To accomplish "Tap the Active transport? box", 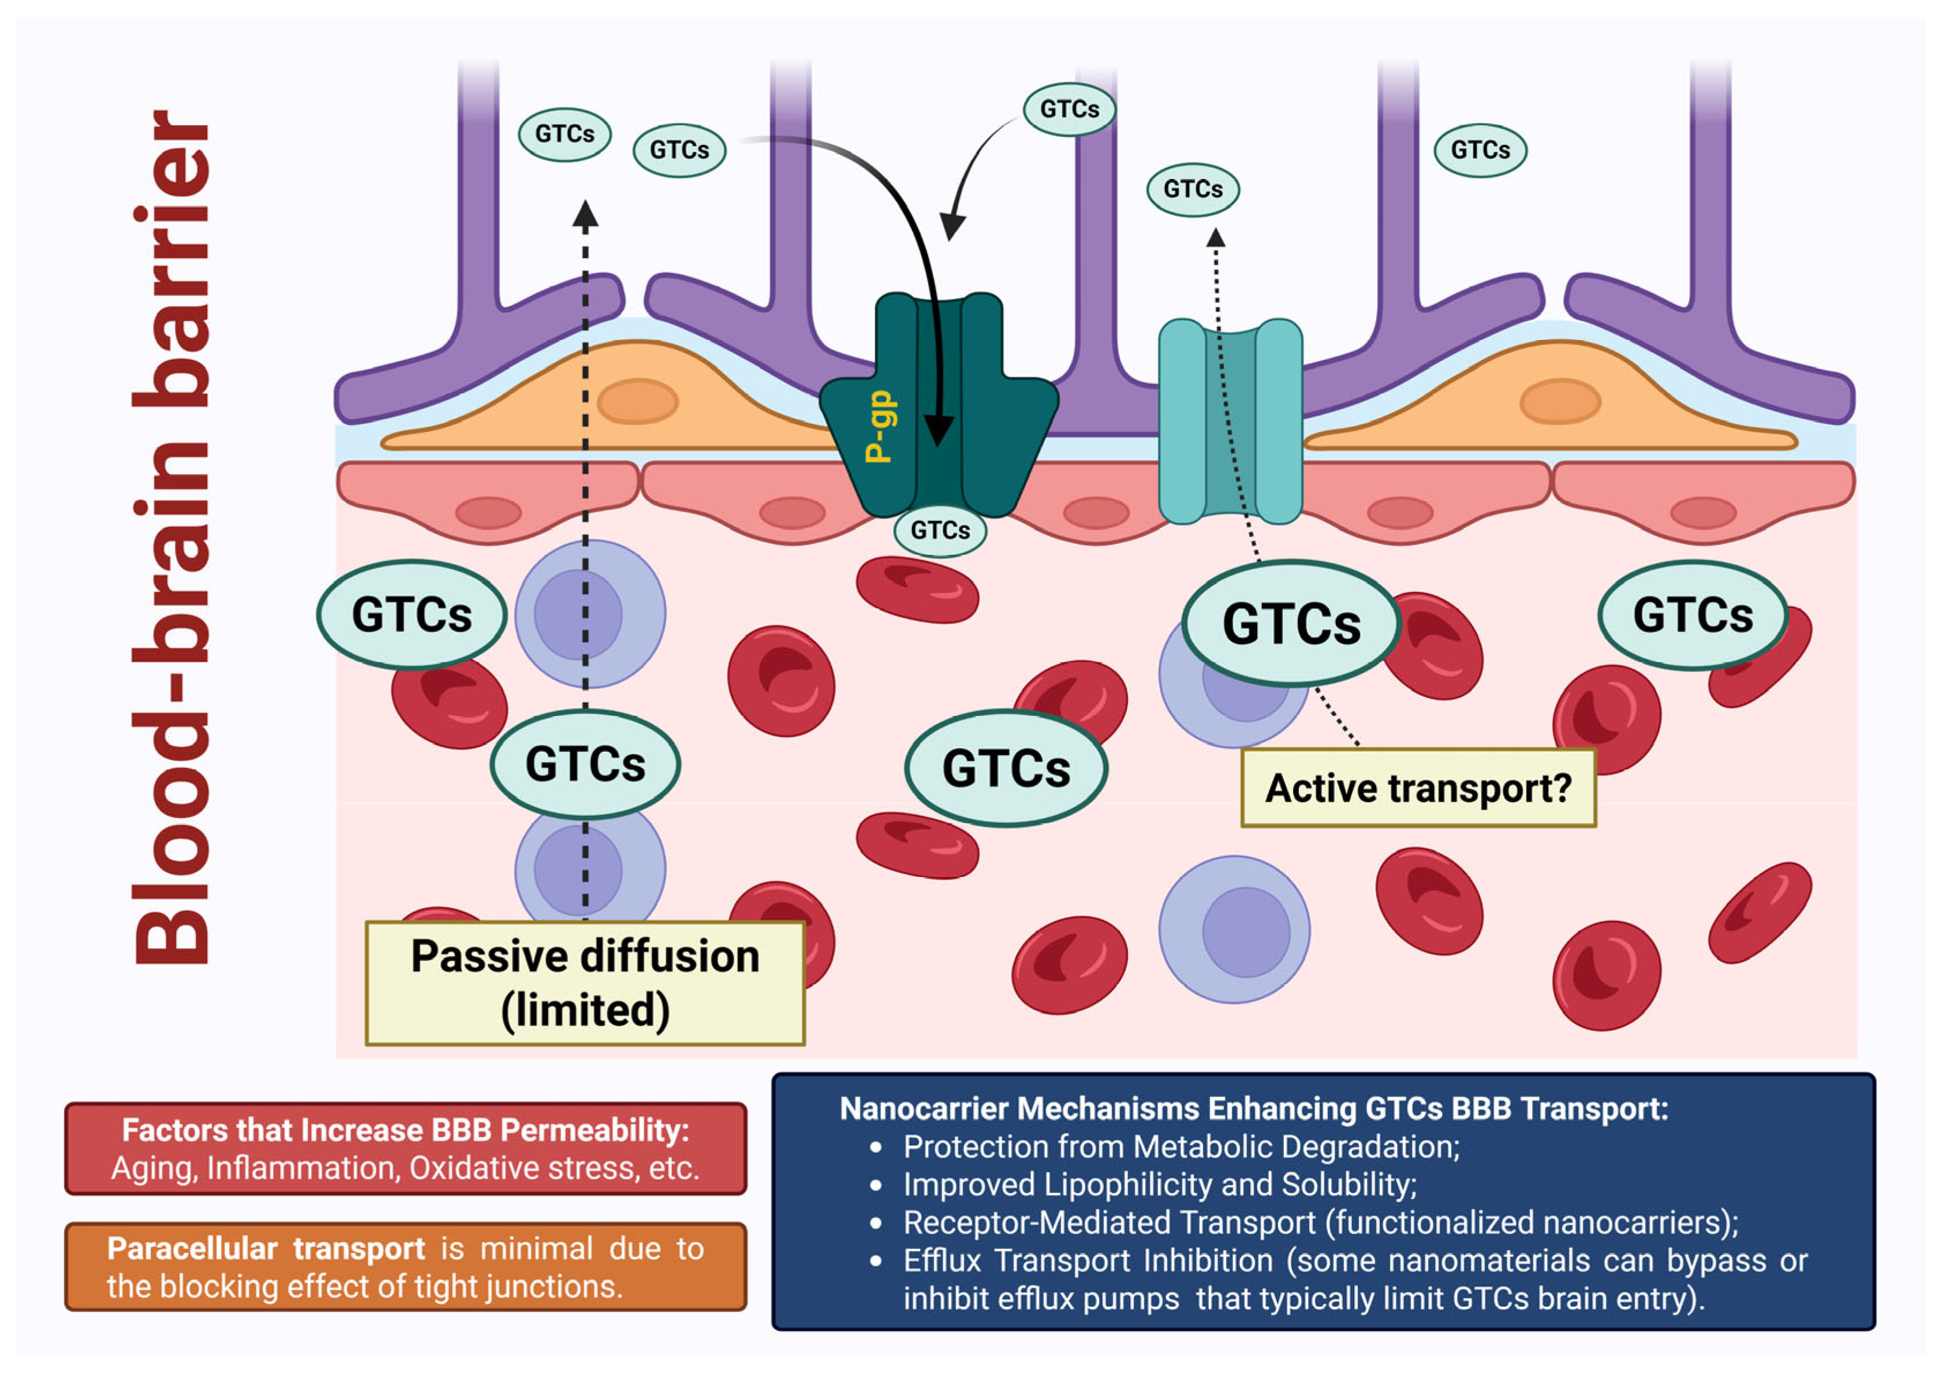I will (1417, 788).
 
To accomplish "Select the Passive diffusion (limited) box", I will (585, 983).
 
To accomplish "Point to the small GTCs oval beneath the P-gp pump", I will (939, 531).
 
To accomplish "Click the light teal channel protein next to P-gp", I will (1230, 422).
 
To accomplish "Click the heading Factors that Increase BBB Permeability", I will (405, 1129).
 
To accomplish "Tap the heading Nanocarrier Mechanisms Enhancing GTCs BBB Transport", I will (1253, 1108).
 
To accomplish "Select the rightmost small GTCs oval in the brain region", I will (1480, 150).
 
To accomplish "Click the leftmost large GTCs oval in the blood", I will (412, 614).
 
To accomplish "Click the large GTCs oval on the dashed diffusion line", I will (585, 764).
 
